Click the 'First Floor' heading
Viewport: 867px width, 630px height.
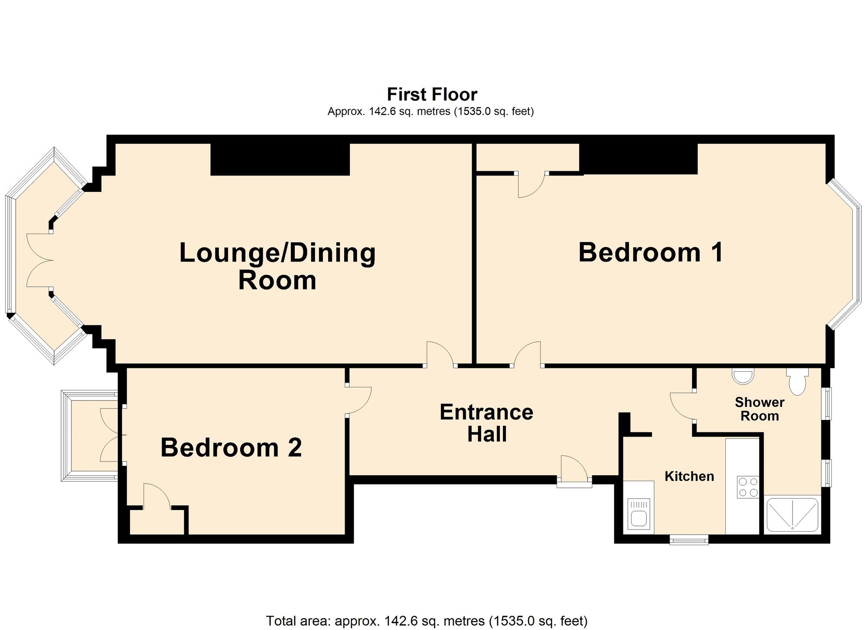point(432,94)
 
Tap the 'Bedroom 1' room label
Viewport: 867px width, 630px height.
point(651,252)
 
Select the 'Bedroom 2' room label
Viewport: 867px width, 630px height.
point(231,448)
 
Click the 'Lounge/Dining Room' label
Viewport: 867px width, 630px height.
point(277,266)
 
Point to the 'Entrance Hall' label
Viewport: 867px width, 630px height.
point(486,423)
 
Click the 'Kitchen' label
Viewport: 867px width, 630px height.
point(689,476)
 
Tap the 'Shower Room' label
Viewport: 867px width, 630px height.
point(759,409)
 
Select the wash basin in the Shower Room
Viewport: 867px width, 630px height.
point(743,376)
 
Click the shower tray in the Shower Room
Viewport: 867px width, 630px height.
point(792,515)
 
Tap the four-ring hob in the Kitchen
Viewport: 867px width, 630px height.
point(748,487)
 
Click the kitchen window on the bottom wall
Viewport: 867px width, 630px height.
point(689,539)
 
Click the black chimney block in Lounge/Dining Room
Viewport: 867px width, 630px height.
point(280,159)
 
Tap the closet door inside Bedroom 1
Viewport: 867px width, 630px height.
point(531,184)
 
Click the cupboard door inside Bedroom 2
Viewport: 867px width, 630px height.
point(157,496)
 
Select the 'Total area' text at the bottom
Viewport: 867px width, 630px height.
point(427,620)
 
